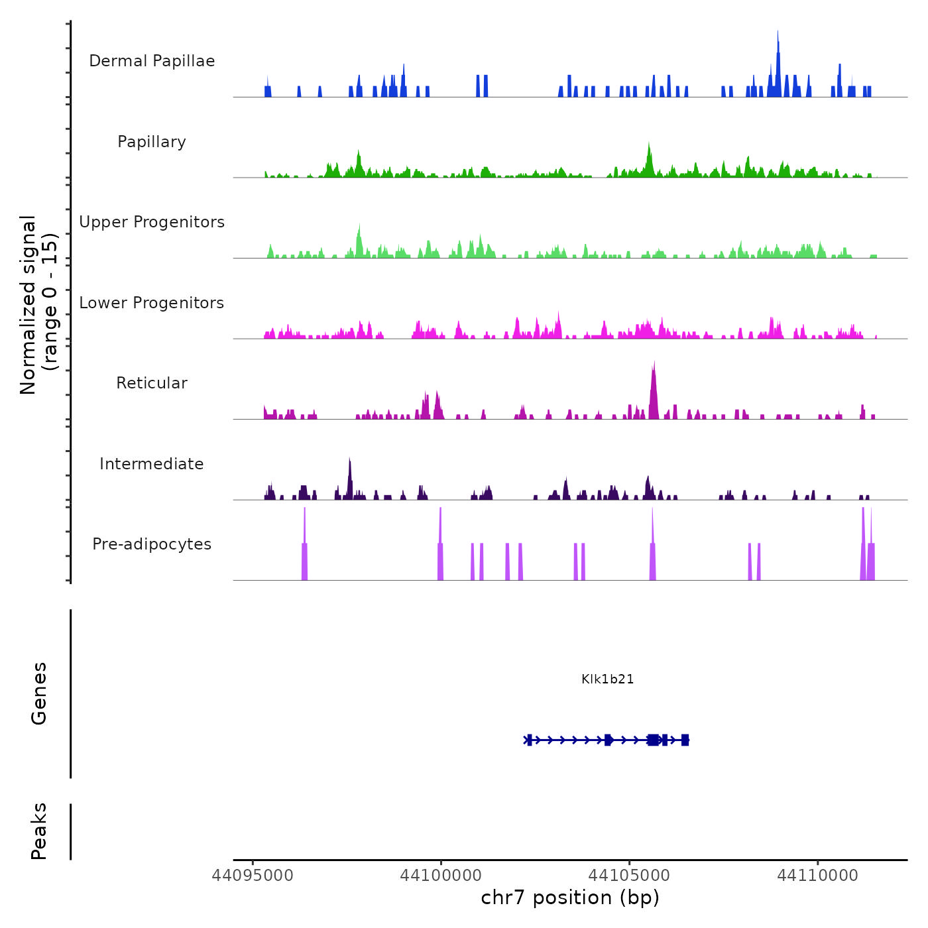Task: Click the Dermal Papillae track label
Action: (x=152, y=61)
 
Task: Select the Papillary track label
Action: (x=152, y=142)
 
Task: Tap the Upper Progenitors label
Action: (x=152, y=222)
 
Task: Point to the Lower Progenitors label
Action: (x=152, y=303)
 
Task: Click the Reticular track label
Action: (x=152, y=383)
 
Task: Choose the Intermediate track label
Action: (x=152, y=464)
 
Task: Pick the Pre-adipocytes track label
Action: (x=152, y=544)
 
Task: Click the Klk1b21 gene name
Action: (x=607, y=679)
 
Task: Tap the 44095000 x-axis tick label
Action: (x=253, y=876)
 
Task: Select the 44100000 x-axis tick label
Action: (x=441, y=876)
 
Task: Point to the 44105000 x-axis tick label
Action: (x=629, y=876)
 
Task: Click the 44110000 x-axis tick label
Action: (x=817, y=876)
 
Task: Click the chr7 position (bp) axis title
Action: (x=570, y=898)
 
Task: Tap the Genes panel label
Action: (x=39, y=693)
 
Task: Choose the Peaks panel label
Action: (x=39, y=831)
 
